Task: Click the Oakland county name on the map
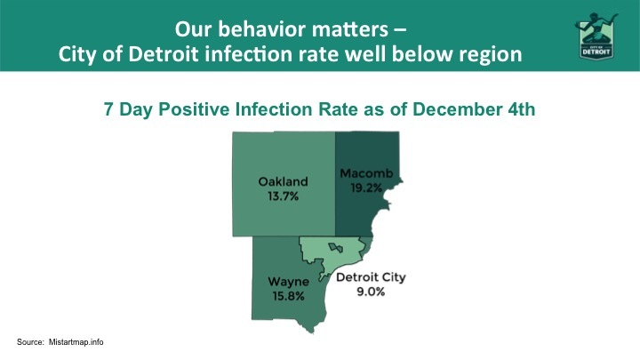[283, 181]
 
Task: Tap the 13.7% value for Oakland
[283, 195]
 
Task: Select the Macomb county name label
[361, 173]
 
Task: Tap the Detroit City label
[370, 277]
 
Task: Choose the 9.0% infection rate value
[371, 292]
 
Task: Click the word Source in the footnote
[31, 342]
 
